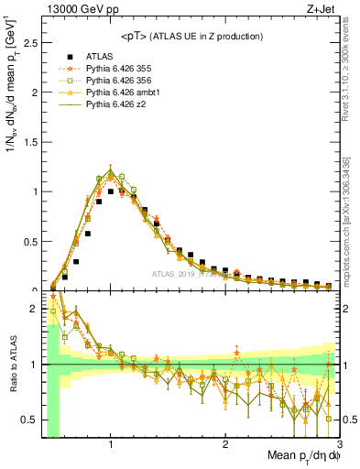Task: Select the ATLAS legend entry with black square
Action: pyautogui.click(x=99, y=56)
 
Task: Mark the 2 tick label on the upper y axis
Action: pyautogui.click(x=33, y=93)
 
